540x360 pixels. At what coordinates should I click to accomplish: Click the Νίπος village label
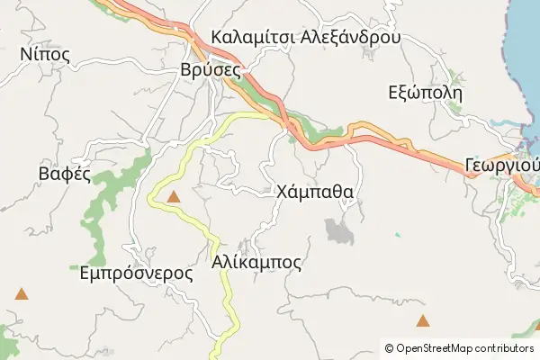(44, 54)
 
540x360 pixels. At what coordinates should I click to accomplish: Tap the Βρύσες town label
(209, 69)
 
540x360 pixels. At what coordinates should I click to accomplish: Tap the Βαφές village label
(64, 174)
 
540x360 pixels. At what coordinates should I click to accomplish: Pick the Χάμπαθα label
(314, 192)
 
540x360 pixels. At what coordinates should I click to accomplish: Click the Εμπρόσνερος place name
(136, 273)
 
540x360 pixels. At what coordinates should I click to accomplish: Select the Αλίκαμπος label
(256, 262)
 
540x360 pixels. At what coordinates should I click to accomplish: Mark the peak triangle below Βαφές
(21, 293)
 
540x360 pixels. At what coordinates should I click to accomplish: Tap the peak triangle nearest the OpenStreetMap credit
(422, 320)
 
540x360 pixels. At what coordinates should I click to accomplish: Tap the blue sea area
(522, 54)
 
